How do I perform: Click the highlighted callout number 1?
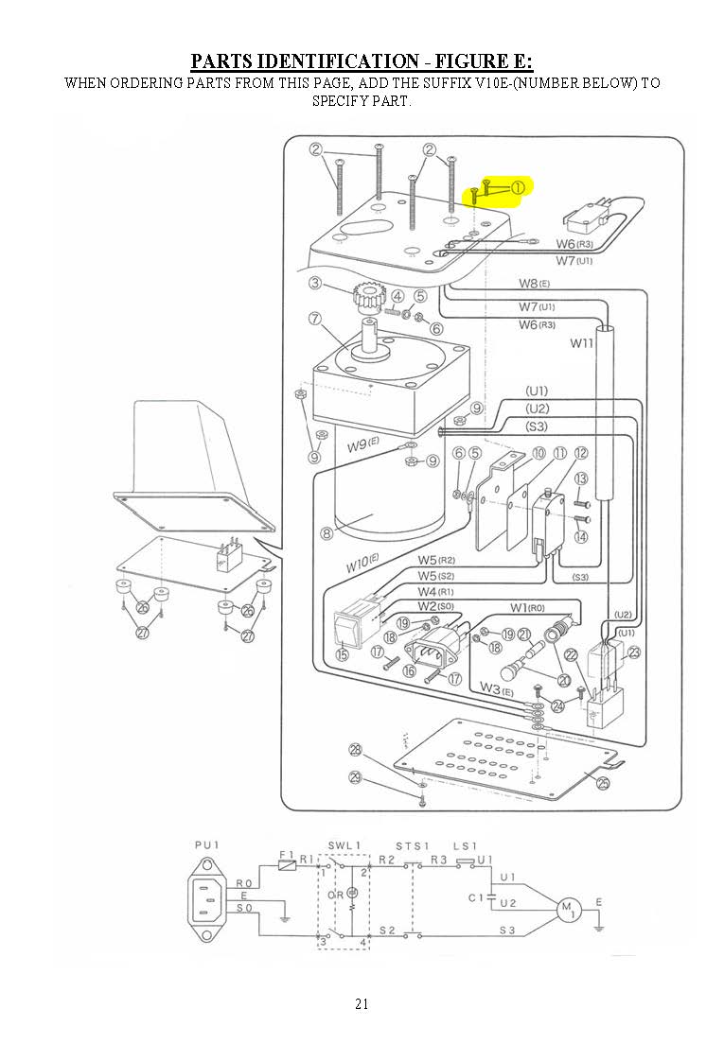pos(518,187)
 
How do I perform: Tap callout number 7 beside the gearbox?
pos(313,319)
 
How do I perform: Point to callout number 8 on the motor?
pos(327,533)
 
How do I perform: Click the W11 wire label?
pos(581,343)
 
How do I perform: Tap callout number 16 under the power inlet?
pos(410,670)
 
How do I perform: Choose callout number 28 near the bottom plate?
pos(355,750)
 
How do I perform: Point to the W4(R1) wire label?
pos(436,591)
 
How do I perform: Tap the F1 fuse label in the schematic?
pos(287,855)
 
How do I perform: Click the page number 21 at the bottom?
pos(362,1003)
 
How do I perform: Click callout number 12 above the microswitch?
pos(580,454)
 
